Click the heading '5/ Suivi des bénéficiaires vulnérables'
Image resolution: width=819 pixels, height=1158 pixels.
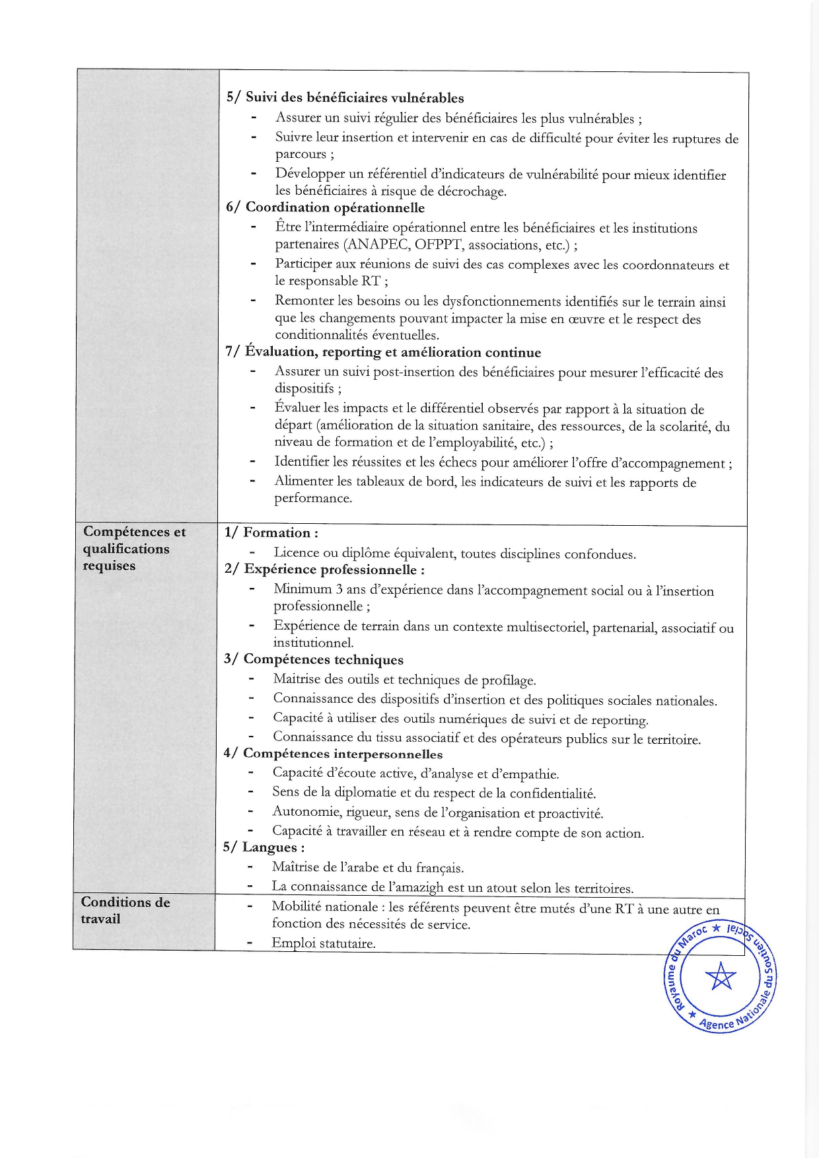point(345,98)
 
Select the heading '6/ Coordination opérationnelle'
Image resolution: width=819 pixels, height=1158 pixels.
point(325,207)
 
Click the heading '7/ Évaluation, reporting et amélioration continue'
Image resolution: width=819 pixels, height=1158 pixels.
point(383,352)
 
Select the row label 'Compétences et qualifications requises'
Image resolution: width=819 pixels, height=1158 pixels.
point(134,548)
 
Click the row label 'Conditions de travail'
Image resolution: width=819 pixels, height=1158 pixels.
point(125,910)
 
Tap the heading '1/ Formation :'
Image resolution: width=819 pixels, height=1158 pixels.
point(271,532)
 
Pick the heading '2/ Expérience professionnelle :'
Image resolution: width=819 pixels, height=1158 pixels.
point(324,569)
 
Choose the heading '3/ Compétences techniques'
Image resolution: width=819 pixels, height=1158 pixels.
point(313,659)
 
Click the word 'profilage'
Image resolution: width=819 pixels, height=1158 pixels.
point(507,680)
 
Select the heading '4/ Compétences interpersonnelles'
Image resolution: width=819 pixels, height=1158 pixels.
point(333,754)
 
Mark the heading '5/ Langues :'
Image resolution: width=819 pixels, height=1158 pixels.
point(264,848)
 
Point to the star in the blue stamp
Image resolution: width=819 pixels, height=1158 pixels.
point(719,976)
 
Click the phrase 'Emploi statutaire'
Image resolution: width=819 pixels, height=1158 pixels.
point(323,943)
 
